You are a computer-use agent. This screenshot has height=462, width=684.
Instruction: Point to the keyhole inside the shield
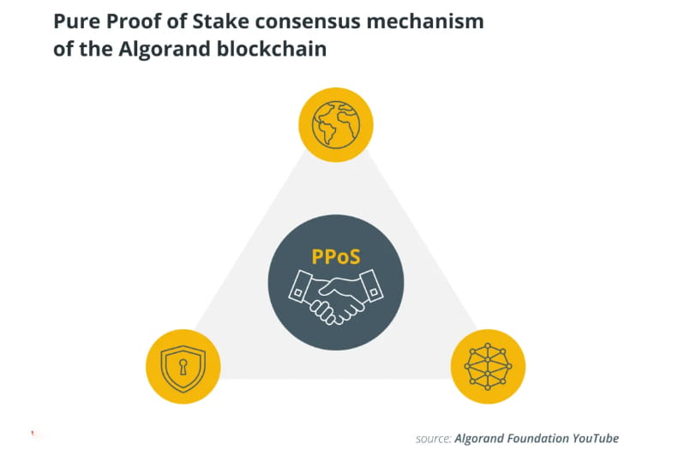coord(183,366)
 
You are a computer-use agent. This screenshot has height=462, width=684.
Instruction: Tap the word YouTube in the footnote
coord(593,438)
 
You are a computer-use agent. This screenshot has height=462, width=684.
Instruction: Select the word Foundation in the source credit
coord(533,438)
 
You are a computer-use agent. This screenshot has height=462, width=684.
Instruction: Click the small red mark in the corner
coord(33,434)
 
